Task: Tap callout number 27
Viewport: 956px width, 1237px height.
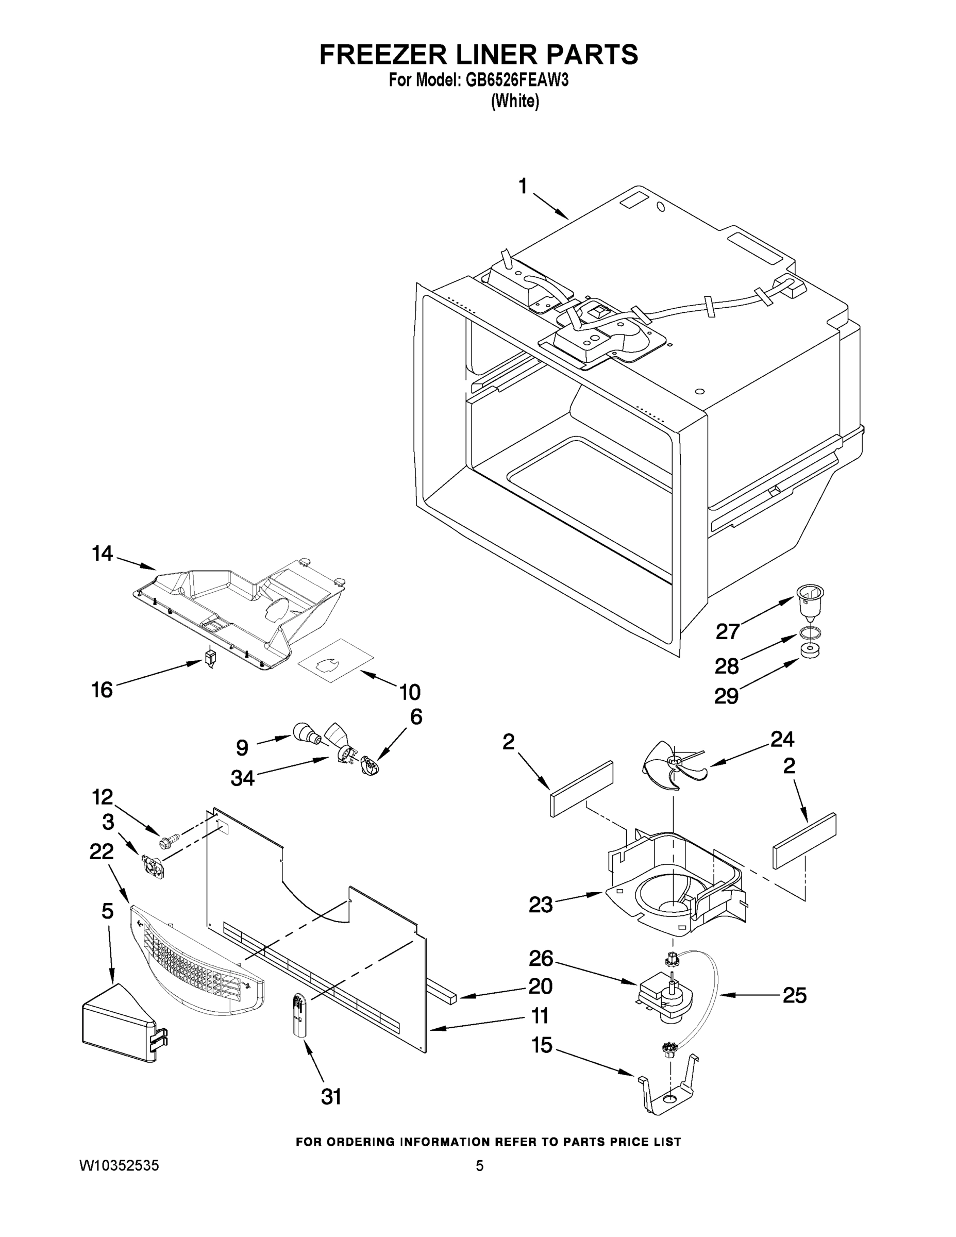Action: tap(728, 630)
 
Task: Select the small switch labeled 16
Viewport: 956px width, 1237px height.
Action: tap(210, 659)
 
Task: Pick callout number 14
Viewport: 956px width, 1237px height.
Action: tap(103, 553)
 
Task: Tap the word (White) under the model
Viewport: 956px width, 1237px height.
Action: tap(515, 102)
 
